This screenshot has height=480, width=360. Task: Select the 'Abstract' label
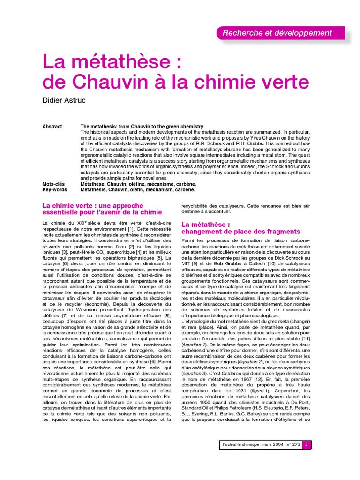coord(52,127)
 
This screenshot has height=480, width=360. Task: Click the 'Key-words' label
coord(55,190)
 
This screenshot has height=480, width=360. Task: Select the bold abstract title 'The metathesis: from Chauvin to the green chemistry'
coord(142,127)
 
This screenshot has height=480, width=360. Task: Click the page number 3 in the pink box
coord(306,444)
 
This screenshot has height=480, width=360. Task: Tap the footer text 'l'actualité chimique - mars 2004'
coord(252,444)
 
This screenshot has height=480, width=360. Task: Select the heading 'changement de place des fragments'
coord(240,232)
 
